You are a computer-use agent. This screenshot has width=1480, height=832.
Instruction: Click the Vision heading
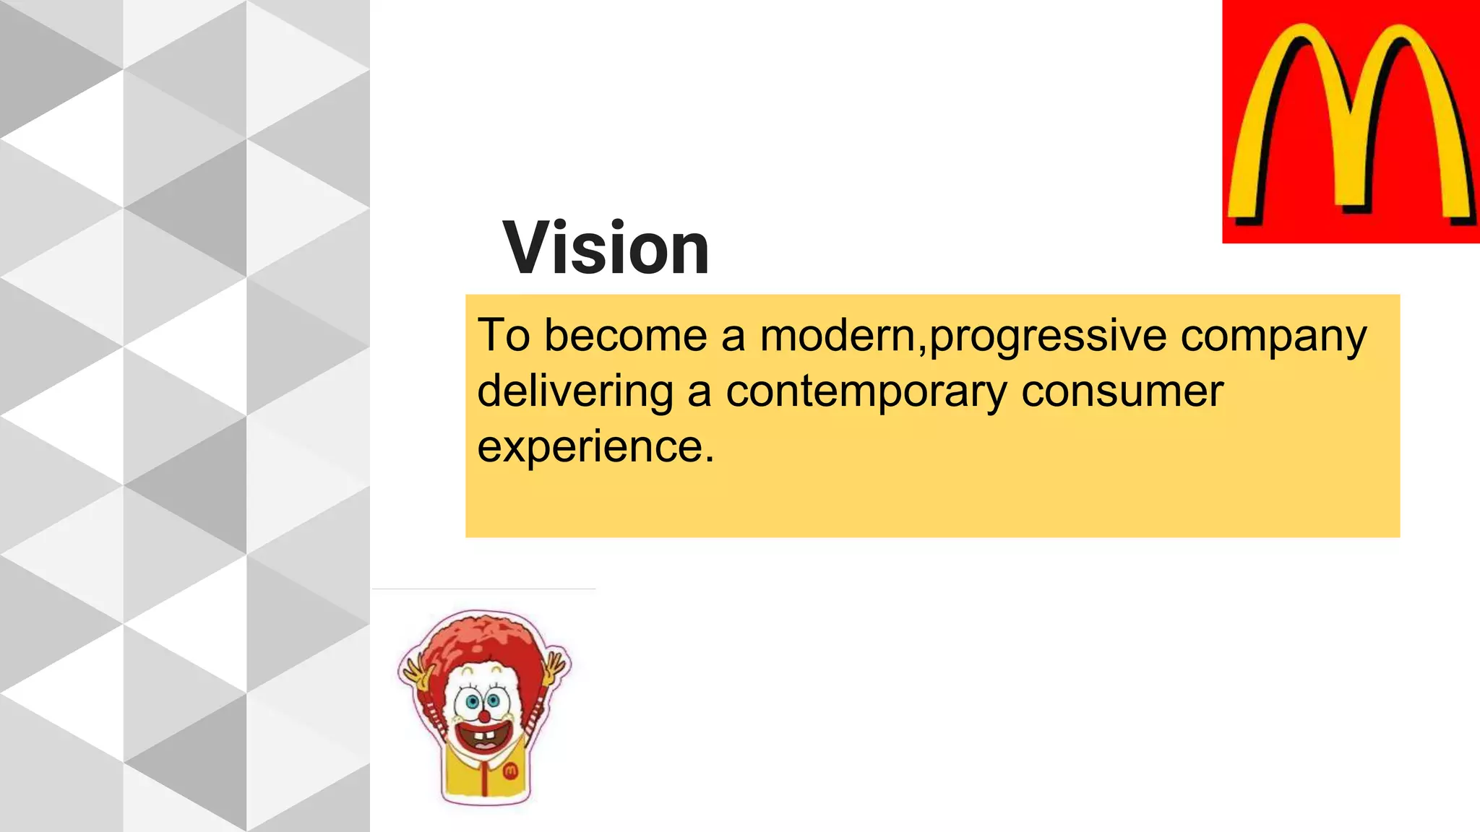tap(606, 248)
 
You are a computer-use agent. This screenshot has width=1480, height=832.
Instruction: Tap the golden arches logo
tap(1350, 121)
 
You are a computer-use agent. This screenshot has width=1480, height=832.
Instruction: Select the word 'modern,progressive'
tap(963, 337)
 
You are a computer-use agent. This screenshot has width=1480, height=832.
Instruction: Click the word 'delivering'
tap(575, 391)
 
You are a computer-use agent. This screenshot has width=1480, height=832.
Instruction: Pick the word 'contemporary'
tap(866, 393)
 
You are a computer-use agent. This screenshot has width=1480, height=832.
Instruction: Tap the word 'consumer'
tap(1122, 391)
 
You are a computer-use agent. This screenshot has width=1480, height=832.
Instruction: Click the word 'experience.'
tap(595, 448)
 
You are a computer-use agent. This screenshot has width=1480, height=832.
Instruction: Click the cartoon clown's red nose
tap(484, 716)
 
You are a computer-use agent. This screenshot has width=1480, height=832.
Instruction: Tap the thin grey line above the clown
tap(483, 589)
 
